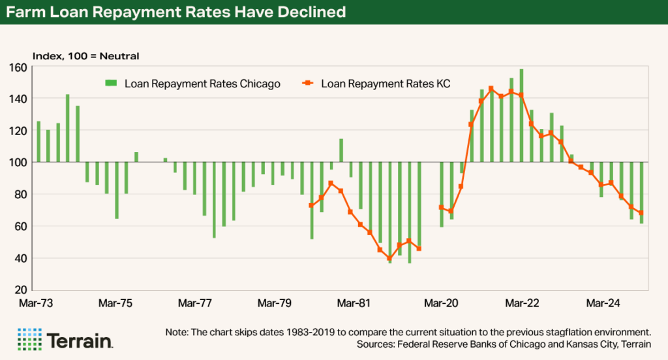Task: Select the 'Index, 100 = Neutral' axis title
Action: pos(86,56)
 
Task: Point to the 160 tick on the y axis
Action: pos(17,67)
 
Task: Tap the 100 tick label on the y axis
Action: pos(17,162)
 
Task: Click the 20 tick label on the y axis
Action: pos(20,290)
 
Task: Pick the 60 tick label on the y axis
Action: pos(20,226)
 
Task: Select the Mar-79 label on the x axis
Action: pos(274,303)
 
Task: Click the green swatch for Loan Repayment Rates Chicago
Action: pos(112,83)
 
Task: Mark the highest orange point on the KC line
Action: pos(491,89)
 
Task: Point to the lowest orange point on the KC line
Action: pos(389,258)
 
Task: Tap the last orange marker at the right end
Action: pos(641,213)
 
